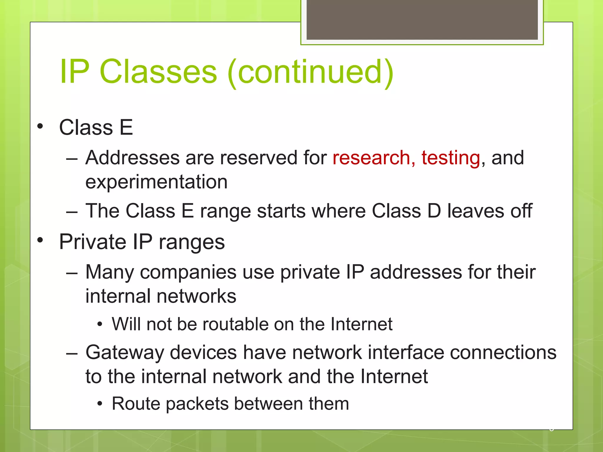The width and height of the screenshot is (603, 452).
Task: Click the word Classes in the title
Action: [x=158, y=72]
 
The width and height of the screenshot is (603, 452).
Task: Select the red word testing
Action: [x=451, y=158]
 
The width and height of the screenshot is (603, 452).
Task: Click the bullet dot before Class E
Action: [x=40, y=127]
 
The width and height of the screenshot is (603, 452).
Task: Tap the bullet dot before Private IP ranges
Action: [x=40, y=240]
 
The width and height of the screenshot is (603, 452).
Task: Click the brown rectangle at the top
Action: [x=422, y=20]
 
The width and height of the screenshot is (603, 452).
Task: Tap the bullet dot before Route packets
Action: [x=100, y=404]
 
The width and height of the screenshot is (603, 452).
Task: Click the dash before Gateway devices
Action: [x=72, y=353]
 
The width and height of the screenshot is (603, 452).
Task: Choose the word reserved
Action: [x=259, y=158]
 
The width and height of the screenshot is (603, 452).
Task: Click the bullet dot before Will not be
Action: [x=100, y=325]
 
